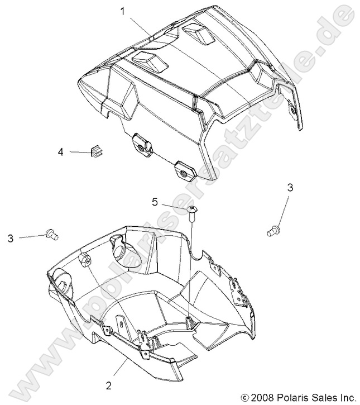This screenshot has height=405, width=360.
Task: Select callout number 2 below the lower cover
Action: (x=109, y=385)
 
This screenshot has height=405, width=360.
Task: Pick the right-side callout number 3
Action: (x=290, y=187)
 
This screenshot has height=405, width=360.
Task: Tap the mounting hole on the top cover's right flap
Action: (x=294, y=114)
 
